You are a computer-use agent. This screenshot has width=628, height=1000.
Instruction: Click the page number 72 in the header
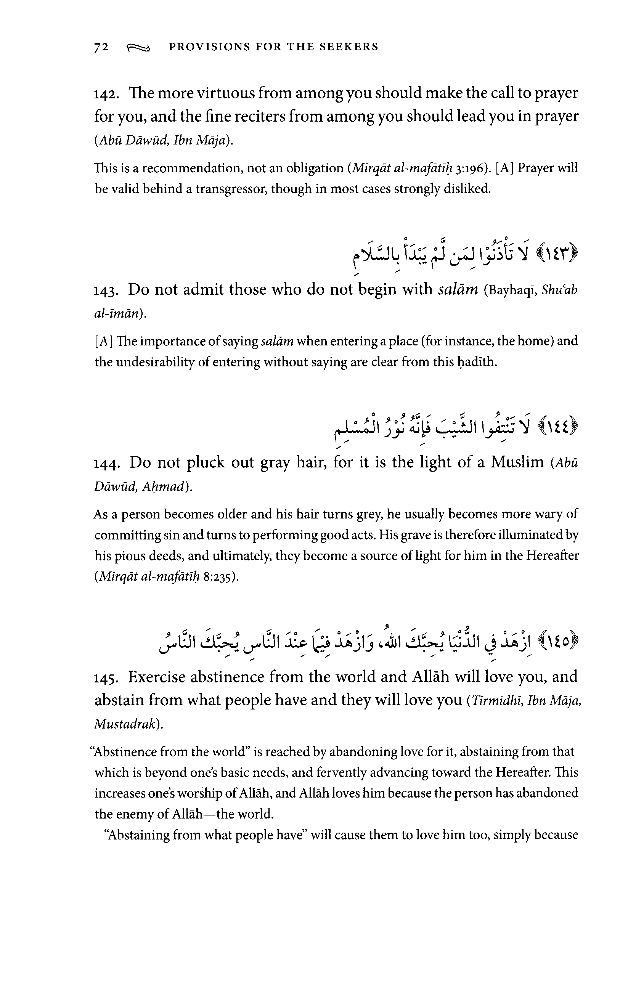pyautogui.click(x=102, y=47)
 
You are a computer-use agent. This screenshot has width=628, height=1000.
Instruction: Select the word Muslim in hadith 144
pyautogui.click(x=517, y=462)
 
